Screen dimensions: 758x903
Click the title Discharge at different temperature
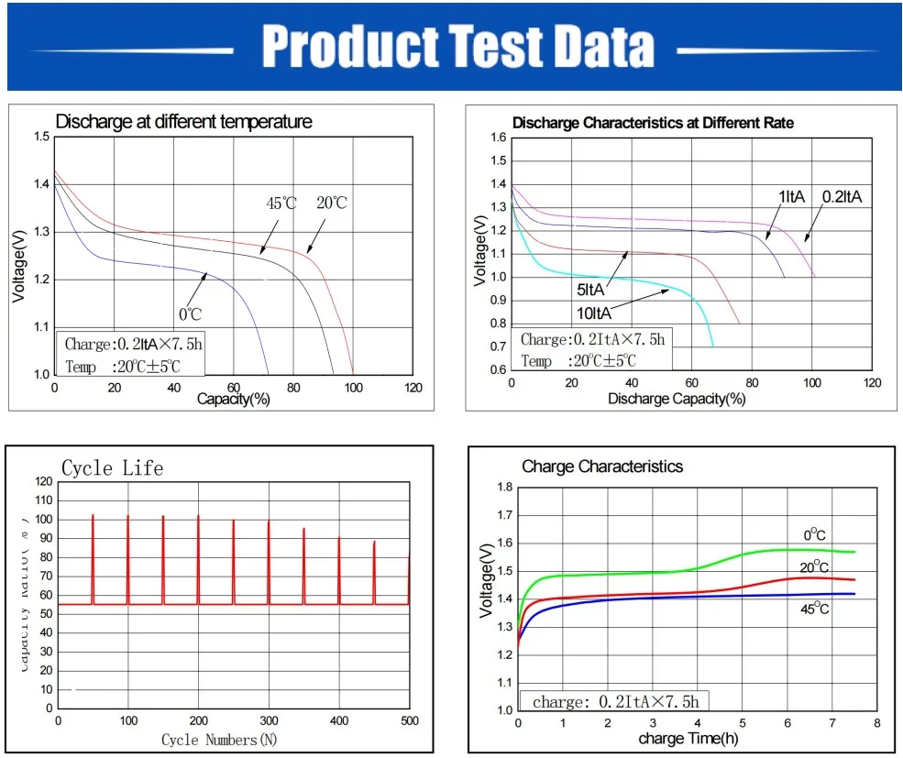(x=183, y=122)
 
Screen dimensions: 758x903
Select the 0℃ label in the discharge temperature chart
(x=190, y=313)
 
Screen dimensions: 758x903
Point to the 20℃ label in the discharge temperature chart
(x=331, y=203)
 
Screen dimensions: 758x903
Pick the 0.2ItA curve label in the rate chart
(x=842, y=196)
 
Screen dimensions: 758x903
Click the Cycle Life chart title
(x=112, y=468)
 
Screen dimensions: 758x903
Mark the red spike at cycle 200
(x=198, y=559)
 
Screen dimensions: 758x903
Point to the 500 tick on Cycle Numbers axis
(x=409, y=721)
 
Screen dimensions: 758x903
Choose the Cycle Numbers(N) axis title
(x=218, y=739)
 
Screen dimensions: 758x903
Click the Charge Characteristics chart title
(x=602, y=467)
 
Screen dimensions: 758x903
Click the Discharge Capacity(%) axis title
(x=677, y=399)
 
